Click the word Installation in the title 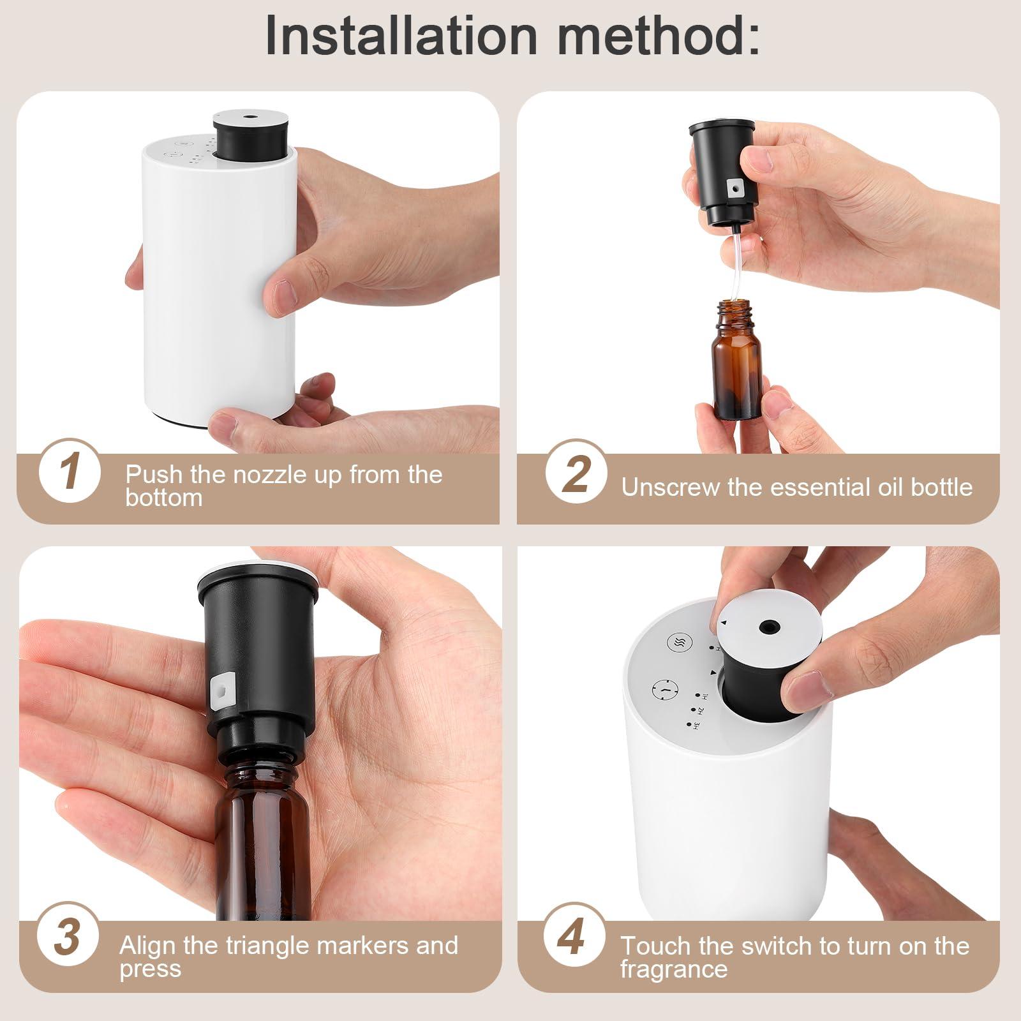(401, 36)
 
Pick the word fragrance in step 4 (674, 969)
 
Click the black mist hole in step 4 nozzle (765, 628)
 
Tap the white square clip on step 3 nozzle (221, 689)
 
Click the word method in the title (658, 36)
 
